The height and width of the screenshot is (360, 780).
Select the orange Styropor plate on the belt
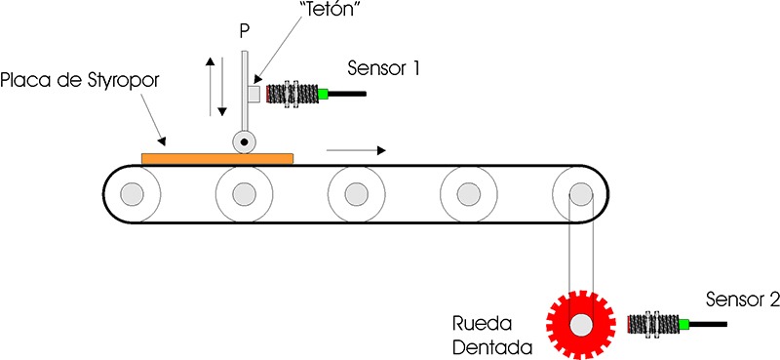217,158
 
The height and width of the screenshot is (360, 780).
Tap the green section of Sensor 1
320,94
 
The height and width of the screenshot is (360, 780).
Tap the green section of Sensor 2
685,323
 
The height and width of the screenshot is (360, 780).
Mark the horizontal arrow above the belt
356,151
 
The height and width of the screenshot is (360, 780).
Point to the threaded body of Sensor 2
652,323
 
